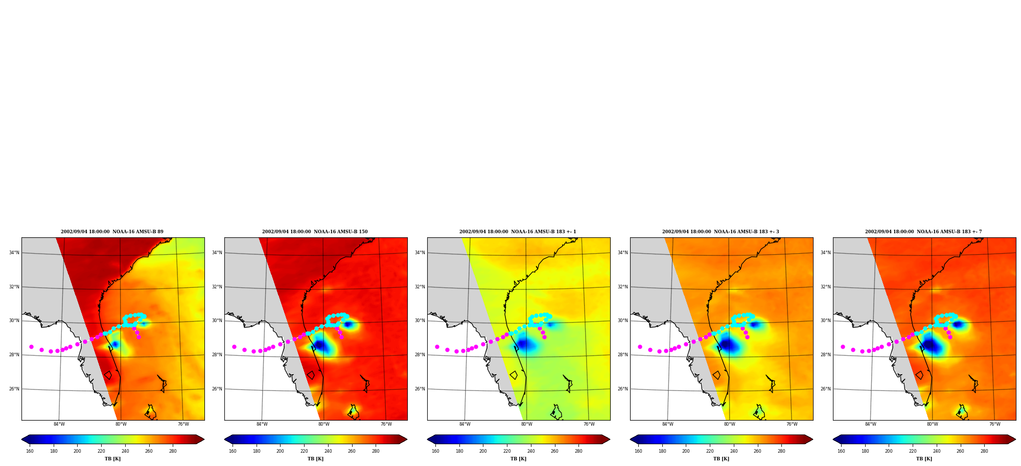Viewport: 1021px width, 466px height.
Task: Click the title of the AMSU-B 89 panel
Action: [112, 232]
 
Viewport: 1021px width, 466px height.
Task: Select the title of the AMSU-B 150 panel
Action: [315, 232]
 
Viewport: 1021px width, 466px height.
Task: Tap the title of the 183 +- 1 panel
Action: [518, 232]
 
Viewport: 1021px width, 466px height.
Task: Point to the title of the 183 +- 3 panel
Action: [721, 232]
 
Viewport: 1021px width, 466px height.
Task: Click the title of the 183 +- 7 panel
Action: [923, 232]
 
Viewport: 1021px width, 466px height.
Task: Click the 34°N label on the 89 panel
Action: [14, 253]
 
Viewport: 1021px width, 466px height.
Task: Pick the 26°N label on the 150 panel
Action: [217, 389]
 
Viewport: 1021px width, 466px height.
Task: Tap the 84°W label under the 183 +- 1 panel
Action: [465, 424]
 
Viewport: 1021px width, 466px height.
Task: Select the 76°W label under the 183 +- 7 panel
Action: [994, 424]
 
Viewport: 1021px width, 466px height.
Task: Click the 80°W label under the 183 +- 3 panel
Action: [730, 424]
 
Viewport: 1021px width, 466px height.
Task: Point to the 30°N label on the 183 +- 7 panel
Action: [826, 321]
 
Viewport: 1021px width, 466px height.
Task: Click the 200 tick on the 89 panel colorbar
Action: [77, 451]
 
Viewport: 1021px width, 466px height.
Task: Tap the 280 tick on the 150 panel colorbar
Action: [376, 451]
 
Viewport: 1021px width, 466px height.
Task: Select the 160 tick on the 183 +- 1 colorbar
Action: [435, 451]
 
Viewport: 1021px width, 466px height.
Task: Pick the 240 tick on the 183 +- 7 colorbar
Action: [937, 451]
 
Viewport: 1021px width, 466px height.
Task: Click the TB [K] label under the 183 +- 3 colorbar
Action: [721, 459]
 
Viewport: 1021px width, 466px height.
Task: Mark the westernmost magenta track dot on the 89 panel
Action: [31, 347]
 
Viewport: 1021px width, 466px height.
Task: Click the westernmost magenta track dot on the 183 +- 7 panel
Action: [843, 347]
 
